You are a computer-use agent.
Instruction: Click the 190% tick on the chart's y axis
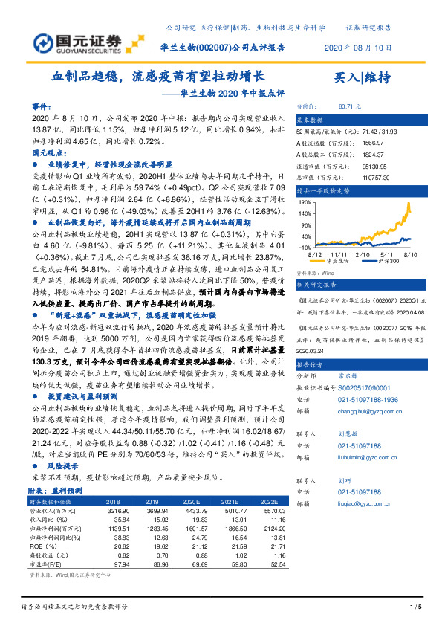click(305, 201)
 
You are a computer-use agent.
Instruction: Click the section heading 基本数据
click(311, 119)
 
